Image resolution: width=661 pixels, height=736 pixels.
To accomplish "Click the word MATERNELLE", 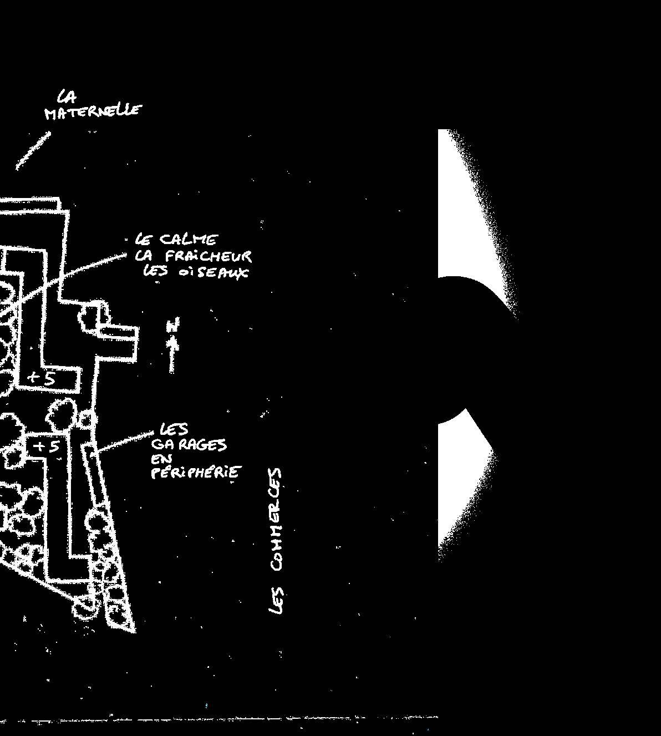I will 93,111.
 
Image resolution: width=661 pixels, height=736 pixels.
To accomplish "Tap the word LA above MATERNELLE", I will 67,98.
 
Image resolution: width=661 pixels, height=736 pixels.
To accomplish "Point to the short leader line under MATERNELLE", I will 33,150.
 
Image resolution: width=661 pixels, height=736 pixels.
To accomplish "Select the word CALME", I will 189,240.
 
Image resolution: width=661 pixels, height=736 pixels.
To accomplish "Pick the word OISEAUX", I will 211,273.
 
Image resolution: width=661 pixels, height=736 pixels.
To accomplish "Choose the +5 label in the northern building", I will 43,378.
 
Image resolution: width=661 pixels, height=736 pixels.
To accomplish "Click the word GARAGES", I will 189,445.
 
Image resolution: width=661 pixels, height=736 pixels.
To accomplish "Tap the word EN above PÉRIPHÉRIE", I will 161,459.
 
